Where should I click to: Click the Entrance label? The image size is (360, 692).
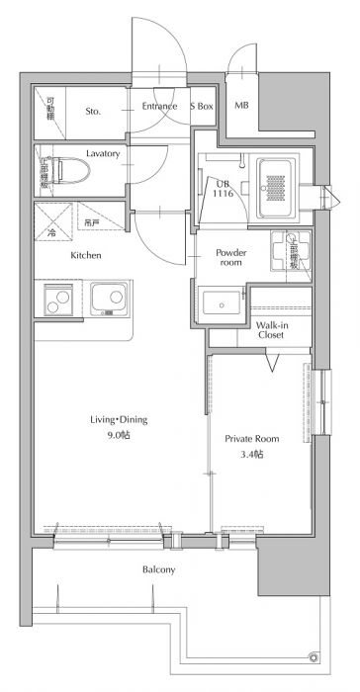click(x=158, y=107)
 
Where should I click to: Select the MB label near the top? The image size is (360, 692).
click(x=241, y=107)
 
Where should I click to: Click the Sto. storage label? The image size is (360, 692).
click(x=94, y=112)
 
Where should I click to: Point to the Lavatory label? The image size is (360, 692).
click(x=103, y=154)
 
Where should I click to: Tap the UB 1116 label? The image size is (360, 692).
click(x=225, y=189)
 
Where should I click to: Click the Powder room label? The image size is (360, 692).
click(x=230, y=257)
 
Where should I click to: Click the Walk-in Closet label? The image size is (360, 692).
click(x=271, y=329)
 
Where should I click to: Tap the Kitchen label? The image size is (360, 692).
click(x=86, y=256)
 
